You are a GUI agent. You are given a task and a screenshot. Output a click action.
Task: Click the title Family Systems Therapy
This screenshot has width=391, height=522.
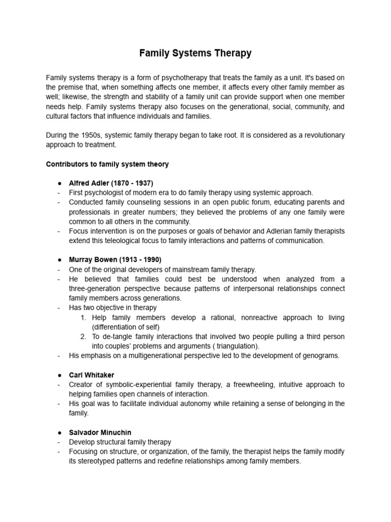click(195, 53)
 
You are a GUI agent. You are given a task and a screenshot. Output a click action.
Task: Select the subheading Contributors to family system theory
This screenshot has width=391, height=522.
click(107, 164)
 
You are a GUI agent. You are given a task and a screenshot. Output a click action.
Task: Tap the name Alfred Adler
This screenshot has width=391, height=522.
click(90, 183)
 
